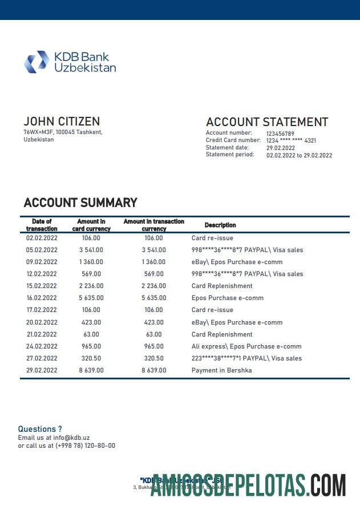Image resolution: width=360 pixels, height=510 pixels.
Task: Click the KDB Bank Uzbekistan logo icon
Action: point(37,62)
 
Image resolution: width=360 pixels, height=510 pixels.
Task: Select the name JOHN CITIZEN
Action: point(62,122)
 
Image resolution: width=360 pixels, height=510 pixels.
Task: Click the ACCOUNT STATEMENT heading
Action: point(266,122)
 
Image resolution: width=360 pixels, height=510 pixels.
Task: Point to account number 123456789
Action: point(280,133)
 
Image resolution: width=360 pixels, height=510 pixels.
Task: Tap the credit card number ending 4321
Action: point(291,140)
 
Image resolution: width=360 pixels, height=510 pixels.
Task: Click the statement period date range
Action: point(299,155)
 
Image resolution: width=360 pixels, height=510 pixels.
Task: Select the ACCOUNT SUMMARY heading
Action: point(80,203)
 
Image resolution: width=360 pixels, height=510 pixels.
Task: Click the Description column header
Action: point(220,225)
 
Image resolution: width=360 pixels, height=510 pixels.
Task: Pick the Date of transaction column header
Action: point(42,225)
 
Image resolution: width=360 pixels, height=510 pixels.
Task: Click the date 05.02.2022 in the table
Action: point(42,250)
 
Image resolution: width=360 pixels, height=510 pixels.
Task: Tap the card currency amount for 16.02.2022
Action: point(91,298)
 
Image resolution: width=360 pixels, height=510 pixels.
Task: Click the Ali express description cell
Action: point(246,346)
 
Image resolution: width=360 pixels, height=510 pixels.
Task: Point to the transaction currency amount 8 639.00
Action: point(154,370)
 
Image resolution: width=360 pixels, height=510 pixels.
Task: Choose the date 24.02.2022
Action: point(42,346)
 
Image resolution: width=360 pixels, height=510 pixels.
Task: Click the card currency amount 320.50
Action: point(91,358)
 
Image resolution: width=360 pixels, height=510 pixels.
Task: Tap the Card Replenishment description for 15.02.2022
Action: point(222,286)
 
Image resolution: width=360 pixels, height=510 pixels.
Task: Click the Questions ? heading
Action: point(40,429)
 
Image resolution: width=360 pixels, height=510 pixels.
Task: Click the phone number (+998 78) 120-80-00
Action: point(85,446)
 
